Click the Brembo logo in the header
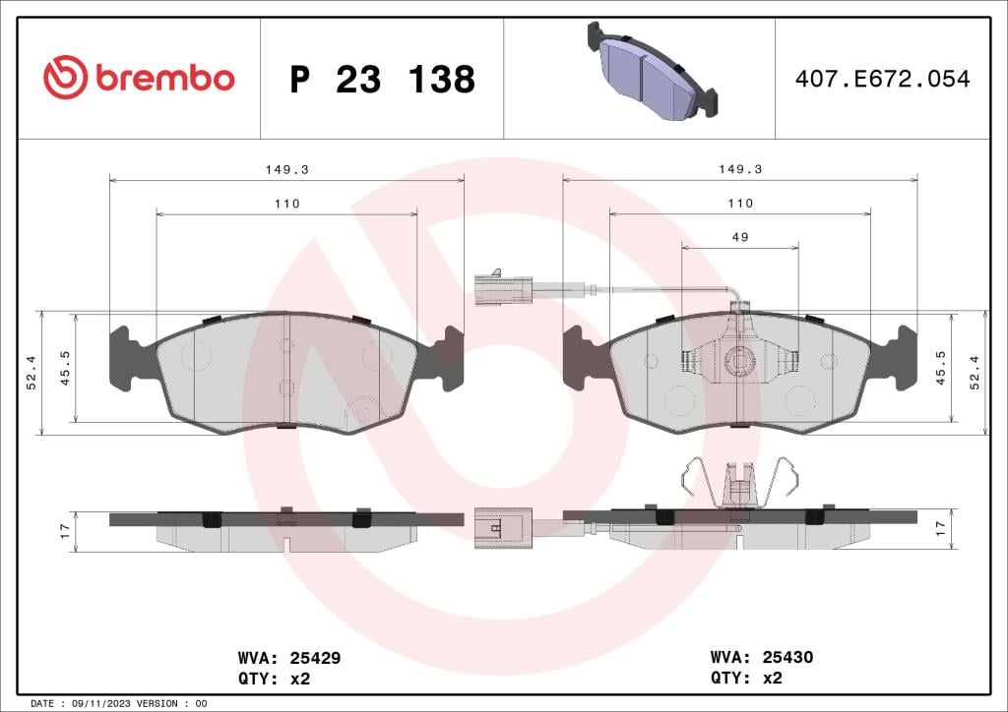[x=139, y=78]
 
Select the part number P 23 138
[x=382, y=80]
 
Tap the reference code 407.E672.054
[x=882, y=79]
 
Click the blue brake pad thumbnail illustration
[x=651, y=71]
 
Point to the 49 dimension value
[x=740, y=237]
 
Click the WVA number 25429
[x=314, y=658]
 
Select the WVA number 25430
[x=787, y=658]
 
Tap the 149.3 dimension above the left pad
[x=286, y=169]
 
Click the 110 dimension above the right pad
[x=740, y=203]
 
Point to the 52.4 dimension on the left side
[x=31, y=373]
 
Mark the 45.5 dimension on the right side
[x=940, y=368]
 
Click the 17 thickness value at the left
[x=65, y=531]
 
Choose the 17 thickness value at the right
[x=939, y=528]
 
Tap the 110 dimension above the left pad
[x=286, y=204]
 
